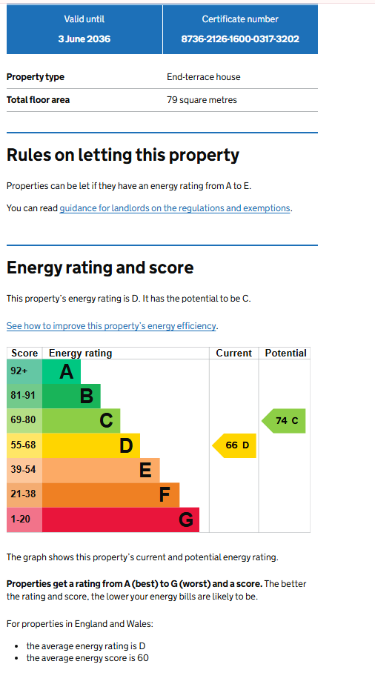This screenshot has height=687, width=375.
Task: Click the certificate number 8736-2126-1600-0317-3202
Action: tap(240, 39)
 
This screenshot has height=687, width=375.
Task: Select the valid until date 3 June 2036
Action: tap(84, 39)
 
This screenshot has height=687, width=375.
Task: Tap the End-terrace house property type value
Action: tap(203, 77)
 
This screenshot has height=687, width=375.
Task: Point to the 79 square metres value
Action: tap(202, 100)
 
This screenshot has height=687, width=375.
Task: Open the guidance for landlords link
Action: tap(175, 208)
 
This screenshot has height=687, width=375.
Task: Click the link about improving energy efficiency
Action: tap(111, 326)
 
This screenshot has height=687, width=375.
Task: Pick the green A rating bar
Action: tap(62, 371)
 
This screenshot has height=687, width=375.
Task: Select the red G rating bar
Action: tap(121, 520)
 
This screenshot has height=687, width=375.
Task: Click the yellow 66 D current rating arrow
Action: tap(234, 445)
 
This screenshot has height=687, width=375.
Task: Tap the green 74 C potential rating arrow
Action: tap(284, 421)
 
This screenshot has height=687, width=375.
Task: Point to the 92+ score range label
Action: tap(19, 371)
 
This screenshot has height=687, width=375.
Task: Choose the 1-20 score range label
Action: tap(21, 520)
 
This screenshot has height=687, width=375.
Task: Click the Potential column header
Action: tap(285, 354)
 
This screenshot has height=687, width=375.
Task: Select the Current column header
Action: tap(234, 354)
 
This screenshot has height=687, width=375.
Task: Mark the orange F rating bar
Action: tap(111, 495)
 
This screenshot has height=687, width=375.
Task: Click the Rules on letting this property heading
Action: tap(123, 156)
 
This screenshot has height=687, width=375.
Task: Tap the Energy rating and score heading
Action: tap(100, 268)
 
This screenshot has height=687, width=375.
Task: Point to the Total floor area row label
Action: tap(38, 100)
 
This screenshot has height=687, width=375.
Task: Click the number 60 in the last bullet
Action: tap(143, 658)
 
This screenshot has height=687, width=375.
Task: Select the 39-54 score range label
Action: tap(23, 469)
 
